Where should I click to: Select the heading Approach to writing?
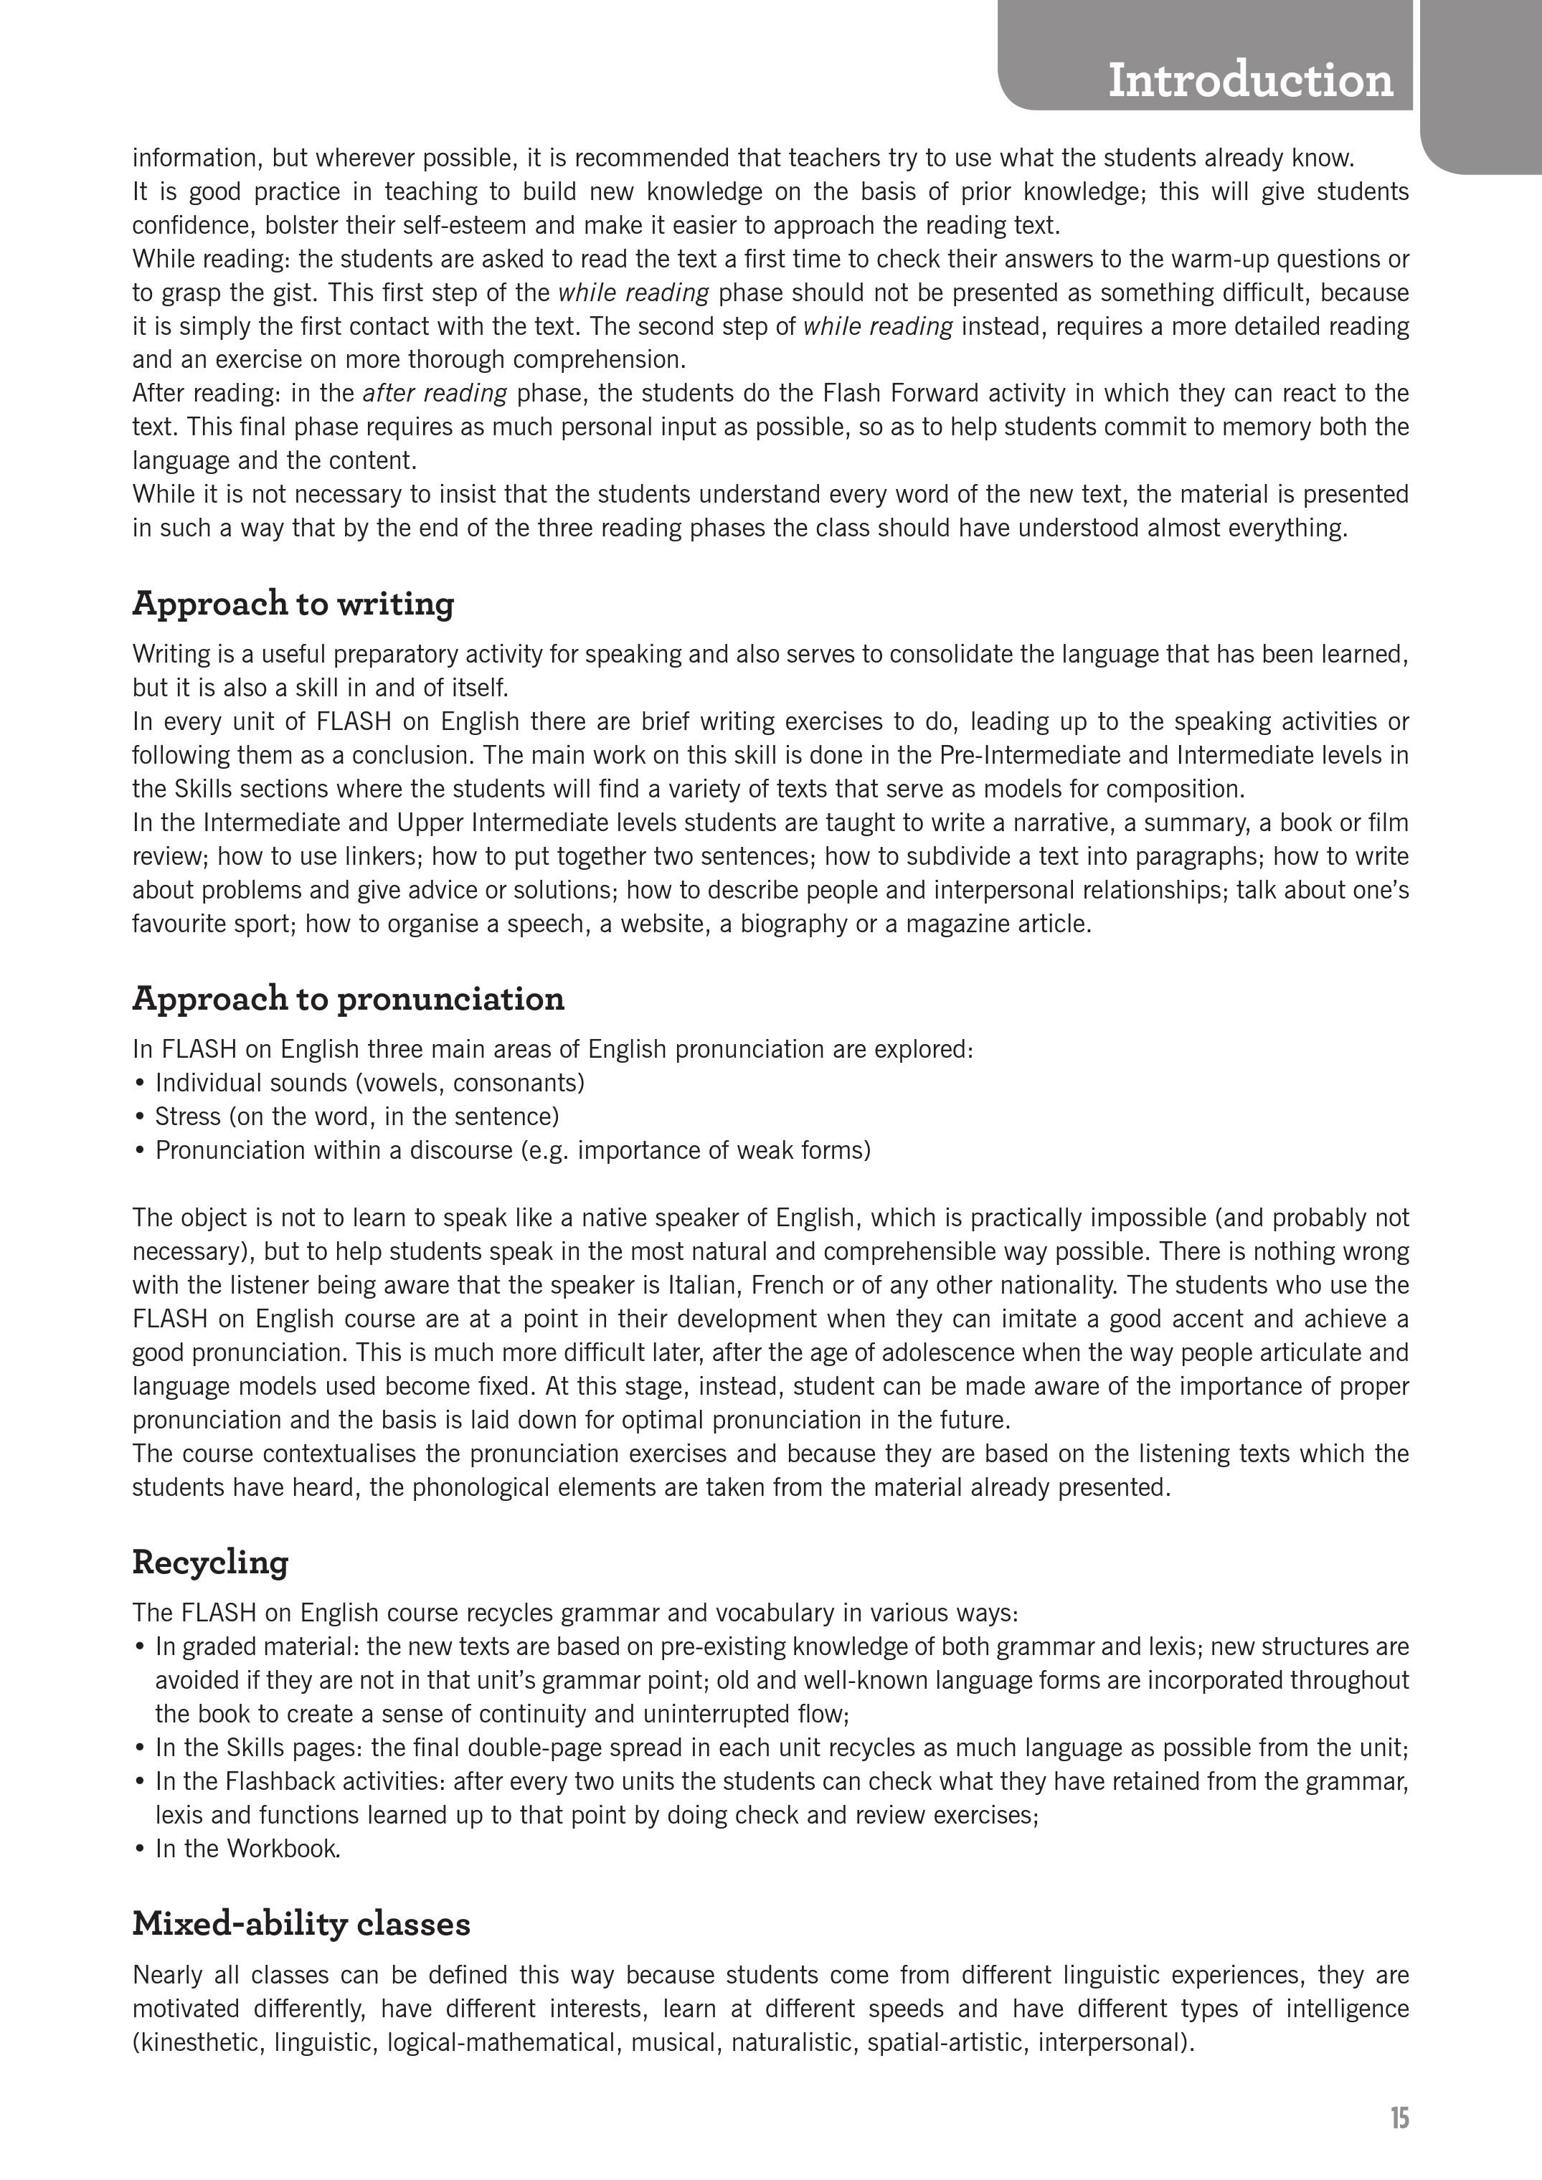point(293,604)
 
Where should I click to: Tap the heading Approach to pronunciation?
point(348,999)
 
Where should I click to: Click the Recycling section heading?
point(210,1563)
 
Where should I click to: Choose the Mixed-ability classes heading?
point(301,1925)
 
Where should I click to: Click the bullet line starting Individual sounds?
point(369,1084)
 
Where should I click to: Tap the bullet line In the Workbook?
point(247,1849)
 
